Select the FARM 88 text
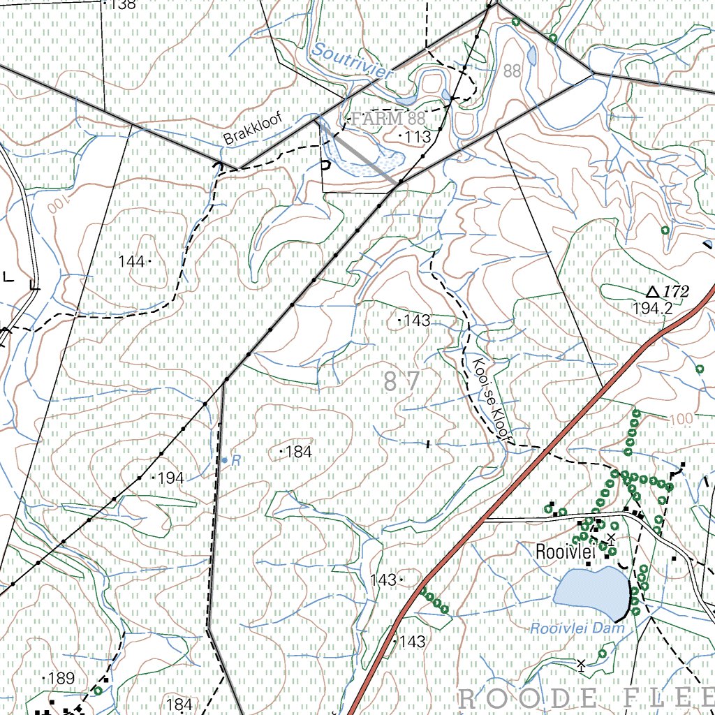(x=388, y=118)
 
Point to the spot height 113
(x=415, y=137)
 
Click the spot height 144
(x=133, y=261)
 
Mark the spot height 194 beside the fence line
(x=170, y=478)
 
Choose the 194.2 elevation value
(x=652, y=308)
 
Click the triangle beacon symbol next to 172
(x=653, y=292)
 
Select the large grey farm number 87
(x=402, y=382)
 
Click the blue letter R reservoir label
(x=236, y=461)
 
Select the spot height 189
(x=60, y=678)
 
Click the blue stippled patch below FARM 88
(x=363, y=165)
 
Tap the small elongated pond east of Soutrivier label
(x=532, y=55)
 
